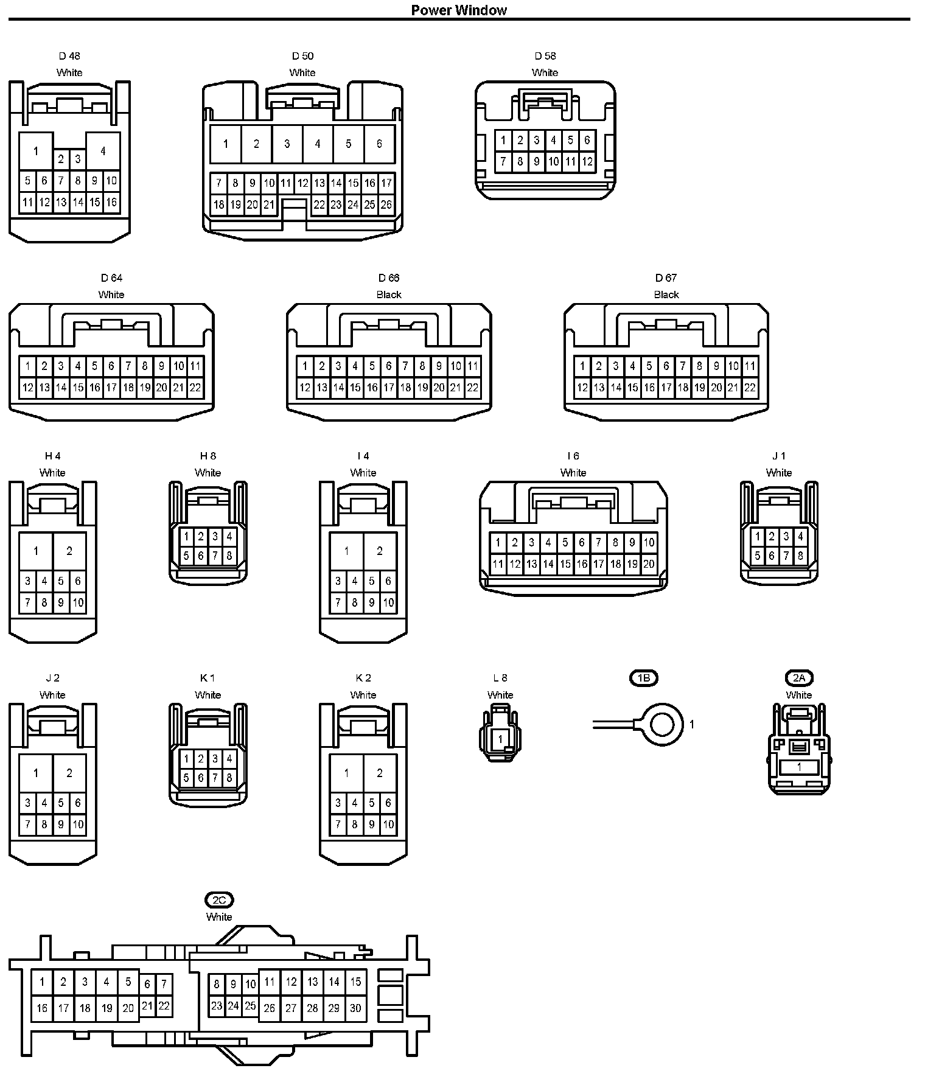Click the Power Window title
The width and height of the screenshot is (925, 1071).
pyautogui.click(x=459, y=10)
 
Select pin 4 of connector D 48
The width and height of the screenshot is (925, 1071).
pyautogui.click(x=103, y=150)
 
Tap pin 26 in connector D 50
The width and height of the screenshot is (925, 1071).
pyautogui.click(x=386, y=205)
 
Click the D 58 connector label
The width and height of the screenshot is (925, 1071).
pyautogui.click(x=545, y=56)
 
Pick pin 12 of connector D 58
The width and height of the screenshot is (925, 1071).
pyautogui.click(x=587, y=162)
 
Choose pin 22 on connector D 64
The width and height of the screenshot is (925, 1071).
pyautogui.click(x=195, y=388)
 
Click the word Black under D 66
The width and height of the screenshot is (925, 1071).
pyautogui.click(x=389, y=295)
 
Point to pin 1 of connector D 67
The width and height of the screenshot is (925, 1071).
pyautogui.click(x=582, y=366)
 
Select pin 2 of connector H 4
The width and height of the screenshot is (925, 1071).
pyautogui.click(x=69, y=551)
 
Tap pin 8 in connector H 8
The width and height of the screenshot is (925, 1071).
pyautogui.click(x=229, y=556)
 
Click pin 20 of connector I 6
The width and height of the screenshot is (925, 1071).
pyautogui.click(x=649, y=564)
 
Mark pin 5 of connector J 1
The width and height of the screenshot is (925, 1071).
pyautogui.click(x=758, y=556)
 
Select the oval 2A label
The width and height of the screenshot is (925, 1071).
pyautogui.click(x=799, y=678)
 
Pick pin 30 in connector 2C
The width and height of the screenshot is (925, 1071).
pyautogui.click(x=355, y=1008)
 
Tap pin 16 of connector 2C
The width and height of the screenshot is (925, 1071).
pyautogui.click(x=42, y=1008)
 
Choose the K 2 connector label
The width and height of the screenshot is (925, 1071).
pyautogui.click(x=363, y=678)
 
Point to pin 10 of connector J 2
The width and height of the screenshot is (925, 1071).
pyautogui.click(x=78, y=825)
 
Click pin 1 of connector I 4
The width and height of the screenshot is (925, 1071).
pyautogui.click(x=346, y=551)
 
